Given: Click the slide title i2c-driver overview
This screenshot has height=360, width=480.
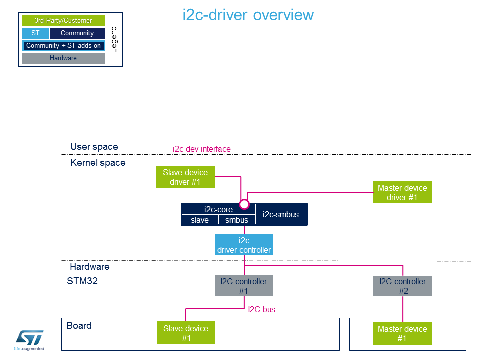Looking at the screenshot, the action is pos(248,15).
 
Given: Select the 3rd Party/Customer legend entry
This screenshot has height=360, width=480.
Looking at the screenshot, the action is pos(64,21).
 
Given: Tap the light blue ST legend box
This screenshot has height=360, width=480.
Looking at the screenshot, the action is pos(36,33).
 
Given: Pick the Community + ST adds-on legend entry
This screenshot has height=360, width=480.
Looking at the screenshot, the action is pos(64,46).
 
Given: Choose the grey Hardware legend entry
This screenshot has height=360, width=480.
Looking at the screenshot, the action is pos(64,58).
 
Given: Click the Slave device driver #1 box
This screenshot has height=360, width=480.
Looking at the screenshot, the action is pos(185,177).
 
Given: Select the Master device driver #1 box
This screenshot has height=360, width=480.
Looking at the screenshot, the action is pos(402,192).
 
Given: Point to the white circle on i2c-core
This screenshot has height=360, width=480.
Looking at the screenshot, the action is pos(244,204).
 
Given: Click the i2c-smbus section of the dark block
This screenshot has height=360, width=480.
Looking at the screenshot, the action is pos(281,214).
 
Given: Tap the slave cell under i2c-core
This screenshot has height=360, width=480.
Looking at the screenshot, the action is pos(200,220).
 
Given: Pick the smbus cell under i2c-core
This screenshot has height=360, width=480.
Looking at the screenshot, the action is pos(237,220).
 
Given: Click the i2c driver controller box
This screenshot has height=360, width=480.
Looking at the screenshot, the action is pos(244,245).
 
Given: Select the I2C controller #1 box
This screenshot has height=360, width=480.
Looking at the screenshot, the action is pos(244,286).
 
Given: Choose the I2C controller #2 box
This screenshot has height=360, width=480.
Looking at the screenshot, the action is pos(403,286).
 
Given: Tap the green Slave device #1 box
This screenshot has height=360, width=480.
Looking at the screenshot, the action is pos(186,333).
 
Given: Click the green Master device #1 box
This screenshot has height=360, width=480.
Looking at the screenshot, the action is pos(402,333).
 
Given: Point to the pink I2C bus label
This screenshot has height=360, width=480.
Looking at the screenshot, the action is pos(261,310).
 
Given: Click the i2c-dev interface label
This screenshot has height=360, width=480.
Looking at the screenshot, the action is pos(202,149).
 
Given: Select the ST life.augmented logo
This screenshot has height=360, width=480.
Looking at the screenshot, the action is pos(29,340).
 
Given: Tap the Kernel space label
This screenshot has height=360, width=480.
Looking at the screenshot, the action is pos(98,163).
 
